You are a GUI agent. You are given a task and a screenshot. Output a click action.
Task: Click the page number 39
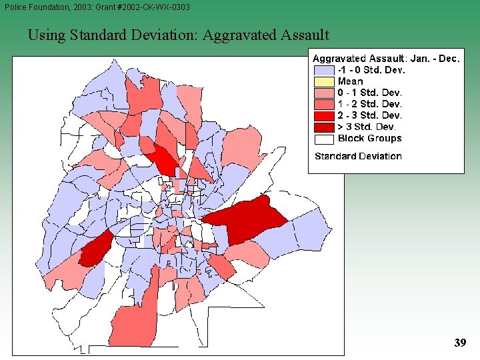460,343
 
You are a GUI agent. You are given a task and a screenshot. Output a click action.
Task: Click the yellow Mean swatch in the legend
324,81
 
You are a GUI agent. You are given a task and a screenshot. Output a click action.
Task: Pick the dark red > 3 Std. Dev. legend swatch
324,127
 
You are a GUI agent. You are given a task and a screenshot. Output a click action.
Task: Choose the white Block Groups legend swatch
324,139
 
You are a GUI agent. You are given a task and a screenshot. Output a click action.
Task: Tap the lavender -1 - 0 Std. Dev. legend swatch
324,70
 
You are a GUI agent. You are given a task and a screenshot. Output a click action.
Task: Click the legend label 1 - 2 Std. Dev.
369,104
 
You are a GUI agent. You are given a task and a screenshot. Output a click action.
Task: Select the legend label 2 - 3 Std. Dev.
369,115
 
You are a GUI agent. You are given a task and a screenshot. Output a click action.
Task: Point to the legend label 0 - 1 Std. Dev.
369,93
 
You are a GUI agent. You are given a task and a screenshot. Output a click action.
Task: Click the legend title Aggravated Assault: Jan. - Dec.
386,59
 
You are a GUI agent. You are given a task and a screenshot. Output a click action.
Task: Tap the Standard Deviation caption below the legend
358,156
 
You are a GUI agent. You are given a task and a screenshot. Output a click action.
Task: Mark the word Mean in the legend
350,81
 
